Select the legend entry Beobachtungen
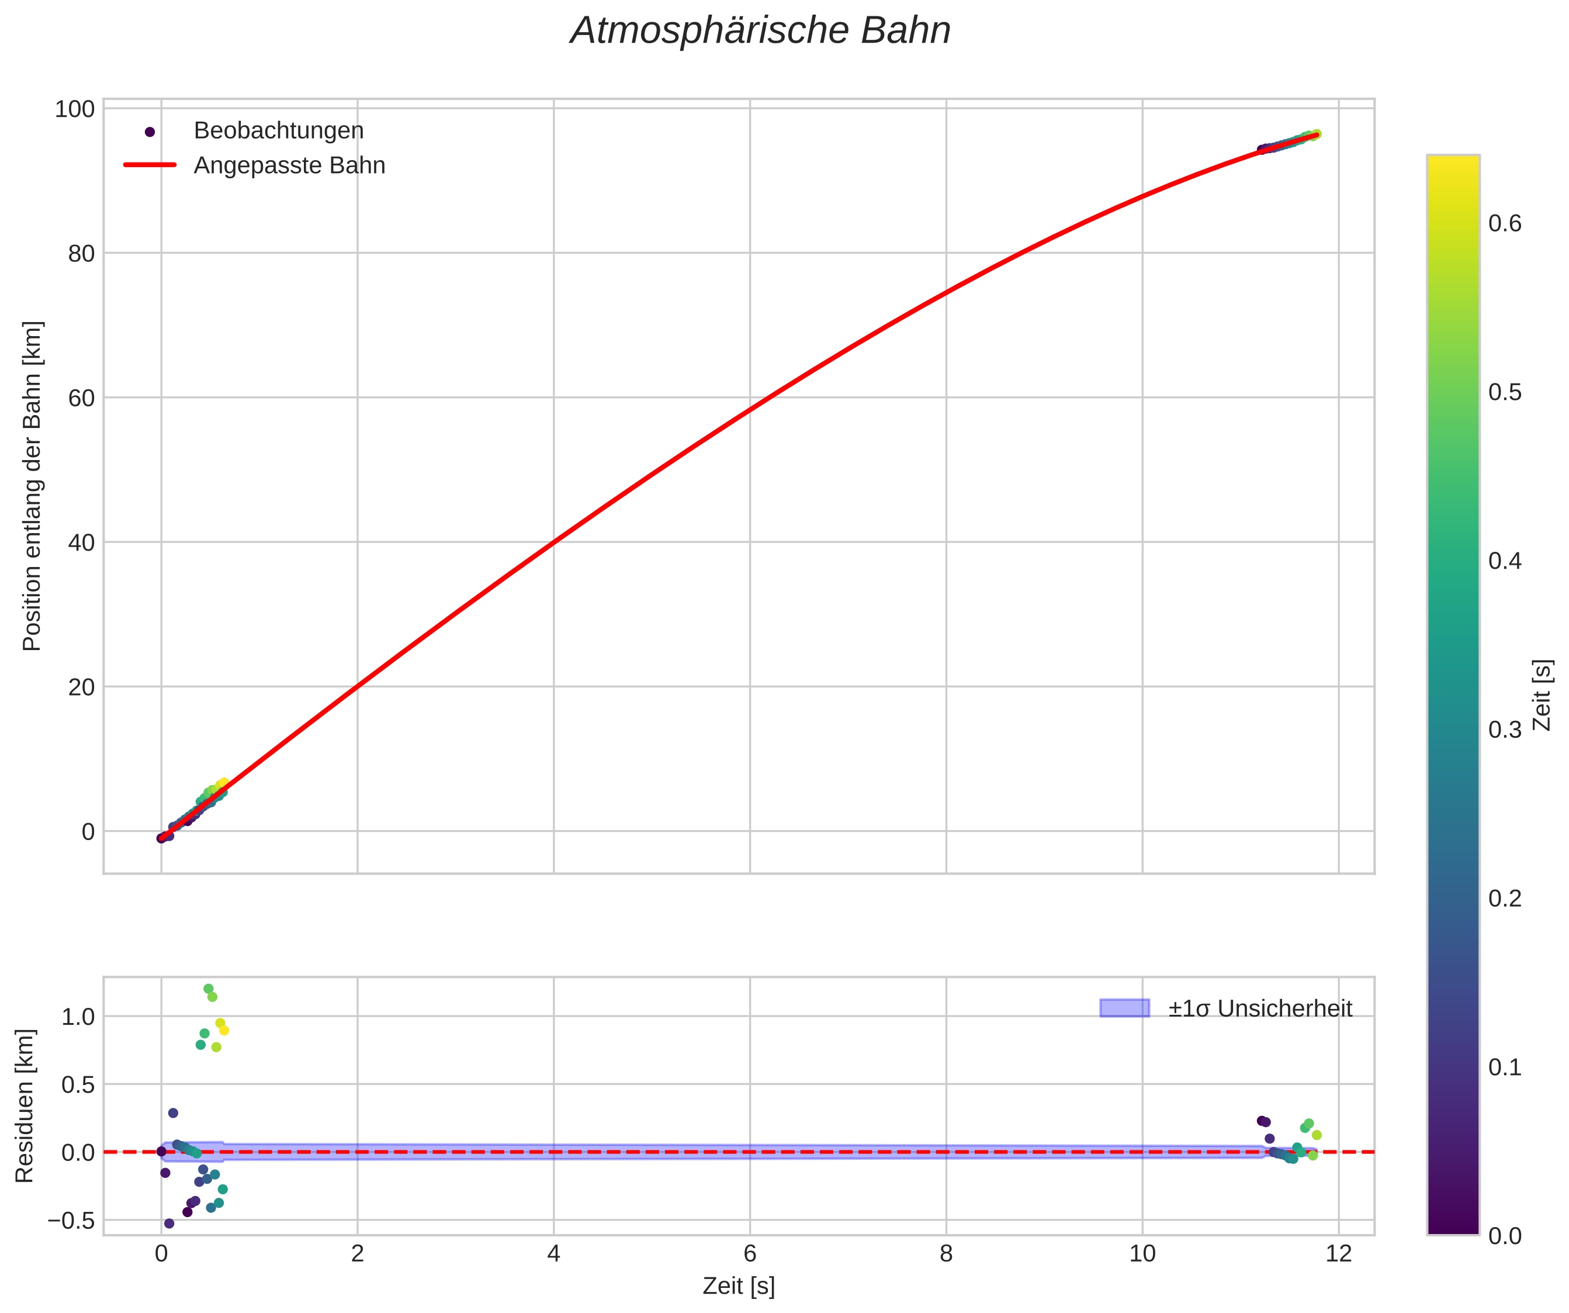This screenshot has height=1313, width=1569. (x=278, y=131)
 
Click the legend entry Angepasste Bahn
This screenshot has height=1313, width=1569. (x=289, y=165)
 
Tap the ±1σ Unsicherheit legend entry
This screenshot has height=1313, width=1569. (x=1260, y=1009)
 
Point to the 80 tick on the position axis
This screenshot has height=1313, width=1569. (x=81, y=253)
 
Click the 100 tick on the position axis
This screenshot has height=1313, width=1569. (x=75, y=109)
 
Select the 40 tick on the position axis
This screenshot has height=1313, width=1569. (x=81, y=543)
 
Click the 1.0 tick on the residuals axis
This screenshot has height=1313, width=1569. (x=78, y=1017)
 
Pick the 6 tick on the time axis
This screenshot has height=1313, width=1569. (x=750, y=1253)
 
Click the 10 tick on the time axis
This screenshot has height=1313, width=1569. (x=1142, y=1253)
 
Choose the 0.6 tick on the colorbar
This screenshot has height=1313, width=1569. (x=1505, y=224)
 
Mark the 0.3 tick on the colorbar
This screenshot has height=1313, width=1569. (x=1505, y=730)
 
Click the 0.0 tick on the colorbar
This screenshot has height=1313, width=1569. (x=1505, y=1236)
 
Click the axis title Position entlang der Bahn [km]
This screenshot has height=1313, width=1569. (x=32, y=486)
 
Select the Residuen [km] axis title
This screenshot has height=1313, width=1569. (x=25, y=1106)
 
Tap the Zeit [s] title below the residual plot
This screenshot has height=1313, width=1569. (x=738, y=1286)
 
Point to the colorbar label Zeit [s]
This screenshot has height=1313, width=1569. (x=1542, y=695)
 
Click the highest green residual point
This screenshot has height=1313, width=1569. (x=209, y=989)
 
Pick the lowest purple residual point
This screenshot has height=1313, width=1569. (x=169, y=1224)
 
